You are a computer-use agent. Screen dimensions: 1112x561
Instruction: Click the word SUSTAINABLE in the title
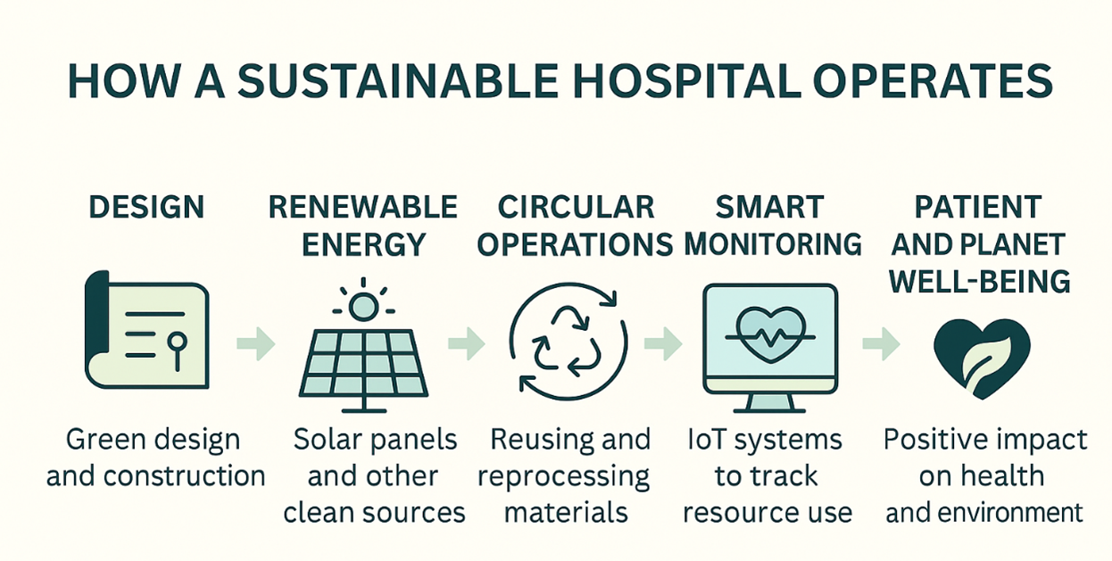click(x=398, y=81)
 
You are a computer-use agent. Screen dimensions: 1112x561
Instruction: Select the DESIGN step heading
click(x=146, y=207)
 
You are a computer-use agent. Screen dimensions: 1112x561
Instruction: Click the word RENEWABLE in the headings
click(x=363, y=207)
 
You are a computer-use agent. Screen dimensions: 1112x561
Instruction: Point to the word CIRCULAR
click(x=576, y=207)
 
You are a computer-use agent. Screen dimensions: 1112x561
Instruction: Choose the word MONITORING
click(x=773, y=244)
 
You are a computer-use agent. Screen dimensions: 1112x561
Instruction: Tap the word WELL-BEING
click(x=979, y=281)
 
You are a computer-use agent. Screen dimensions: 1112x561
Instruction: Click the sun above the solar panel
click(x=363, y=307)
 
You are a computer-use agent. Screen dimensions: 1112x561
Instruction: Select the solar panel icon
click(x=363, y=369)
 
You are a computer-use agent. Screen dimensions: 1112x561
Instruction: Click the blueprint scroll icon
click(x=147, y=329)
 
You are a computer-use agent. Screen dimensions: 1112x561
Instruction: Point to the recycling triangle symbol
click(x=567, y=342)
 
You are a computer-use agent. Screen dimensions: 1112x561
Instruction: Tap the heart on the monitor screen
click(x=770, y=334)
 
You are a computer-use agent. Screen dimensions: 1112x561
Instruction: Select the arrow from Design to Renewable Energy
click(x=256, y=343)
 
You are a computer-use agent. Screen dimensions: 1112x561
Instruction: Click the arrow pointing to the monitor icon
click(x=663, y=343)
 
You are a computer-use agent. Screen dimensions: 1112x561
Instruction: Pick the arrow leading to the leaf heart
click(x=881, y=343)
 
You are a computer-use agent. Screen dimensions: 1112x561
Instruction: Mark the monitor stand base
click(x=769, y=410)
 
